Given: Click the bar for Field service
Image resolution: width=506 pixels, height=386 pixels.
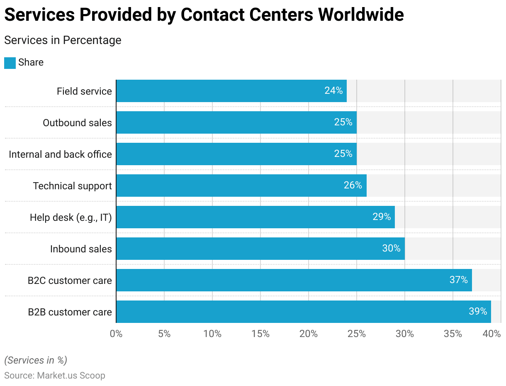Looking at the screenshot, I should (x=231, y=91).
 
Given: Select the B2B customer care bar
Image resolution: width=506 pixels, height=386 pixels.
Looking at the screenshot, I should (x=304, y=312).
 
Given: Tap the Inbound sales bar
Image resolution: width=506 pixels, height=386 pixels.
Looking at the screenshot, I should (x=260, y=249).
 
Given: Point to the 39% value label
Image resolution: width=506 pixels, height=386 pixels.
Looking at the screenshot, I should (x=478, y=311).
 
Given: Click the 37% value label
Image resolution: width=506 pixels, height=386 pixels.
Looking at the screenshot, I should (x=459, y=280).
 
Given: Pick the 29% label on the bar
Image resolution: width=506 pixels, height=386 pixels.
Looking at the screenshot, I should (x=382, y=217).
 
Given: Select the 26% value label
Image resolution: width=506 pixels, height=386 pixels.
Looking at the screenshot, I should (x=353, y=185).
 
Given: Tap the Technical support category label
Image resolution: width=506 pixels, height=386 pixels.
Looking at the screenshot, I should (x=73, y=186).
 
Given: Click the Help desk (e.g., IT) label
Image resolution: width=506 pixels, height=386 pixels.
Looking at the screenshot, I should (x=71, y=217).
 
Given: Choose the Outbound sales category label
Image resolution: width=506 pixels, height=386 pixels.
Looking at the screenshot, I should (x=78, y=123).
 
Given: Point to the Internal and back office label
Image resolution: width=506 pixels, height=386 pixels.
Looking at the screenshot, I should (x=61, y=154).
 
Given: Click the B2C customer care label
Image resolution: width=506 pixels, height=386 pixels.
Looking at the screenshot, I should (x=70, y=281).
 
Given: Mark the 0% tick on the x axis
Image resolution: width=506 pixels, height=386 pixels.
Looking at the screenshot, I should (x=116, y=334).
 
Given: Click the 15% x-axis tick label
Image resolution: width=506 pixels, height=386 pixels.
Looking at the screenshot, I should (x=260, y=334).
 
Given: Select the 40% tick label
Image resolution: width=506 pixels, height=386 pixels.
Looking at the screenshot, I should (x=492, y=334).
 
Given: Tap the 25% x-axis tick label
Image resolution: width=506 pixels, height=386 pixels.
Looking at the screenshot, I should (x=357, y=334).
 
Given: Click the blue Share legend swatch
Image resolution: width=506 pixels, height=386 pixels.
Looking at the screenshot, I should (x=10, y=63).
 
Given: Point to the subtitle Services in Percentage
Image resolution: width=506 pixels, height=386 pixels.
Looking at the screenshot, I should (x=63, y=40).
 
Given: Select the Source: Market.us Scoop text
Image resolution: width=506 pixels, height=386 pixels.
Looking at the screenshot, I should (x=55, y=376).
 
